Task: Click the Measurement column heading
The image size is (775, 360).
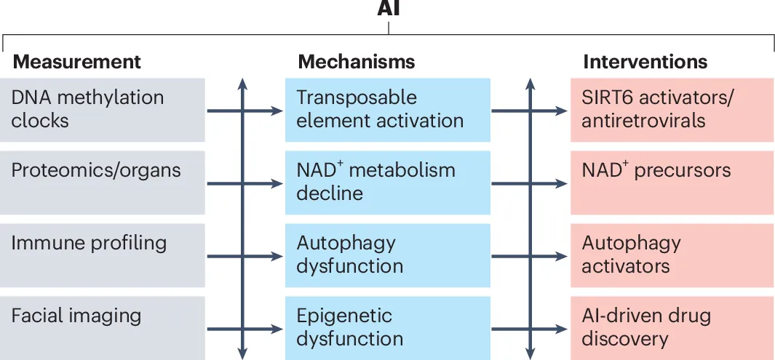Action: [x=76, y=63]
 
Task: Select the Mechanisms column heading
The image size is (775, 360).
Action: [x=357, y=63]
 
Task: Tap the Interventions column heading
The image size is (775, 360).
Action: [x=645, y=63]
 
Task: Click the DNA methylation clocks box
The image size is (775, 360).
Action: [x=103, y=110]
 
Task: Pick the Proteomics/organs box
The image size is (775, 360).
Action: [x=103, y=183]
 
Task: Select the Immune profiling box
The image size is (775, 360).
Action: [x=103, y=255]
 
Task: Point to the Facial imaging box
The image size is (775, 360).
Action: [x=103, y=328]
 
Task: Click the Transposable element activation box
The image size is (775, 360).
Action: [x=387, y=110]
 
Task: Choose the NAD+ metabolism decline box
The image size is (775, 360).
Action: [x=387, y=183]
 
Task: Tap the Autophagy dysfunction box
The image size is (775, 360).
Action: [x=387, y=255]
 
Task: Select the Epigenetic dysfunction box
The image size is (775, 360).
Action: [x=387, y=328]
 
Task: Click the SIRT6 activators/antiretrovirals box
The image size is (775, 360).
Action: [x=672, y=110]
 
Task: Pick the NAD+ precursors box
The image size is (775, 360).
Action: [x=672, y=183]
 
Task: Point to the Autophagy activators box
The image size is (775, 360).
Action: [x=672, y=255]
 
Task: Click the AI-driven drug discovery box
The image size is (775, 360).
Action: [x=672, y=328]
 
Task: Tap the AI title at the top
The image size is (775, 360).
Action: [x=389, y=8]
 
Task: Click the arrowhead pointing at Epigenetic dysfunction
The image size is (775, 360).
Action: [x=277, y=329]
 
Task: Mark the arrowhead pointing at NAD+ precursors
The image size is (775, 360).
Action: [x=562, y=184]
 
